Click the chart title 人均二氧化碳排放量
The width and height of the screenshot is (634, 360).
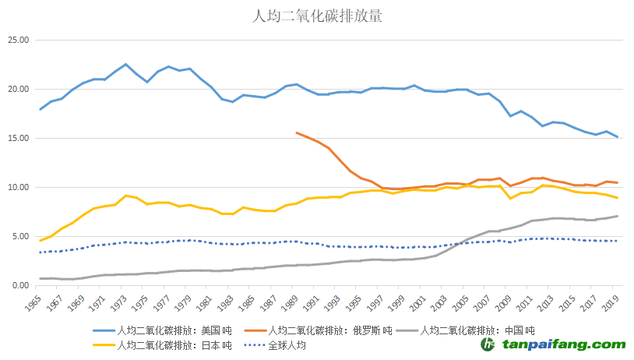pos(317,16)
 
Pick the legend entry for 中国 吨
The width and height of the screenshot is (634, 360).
pos(483,330)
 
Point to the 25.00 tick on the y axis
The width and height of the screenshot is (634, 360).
pos(18,41)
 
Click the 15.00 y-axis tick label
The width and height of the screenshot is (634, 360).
pos(18,139)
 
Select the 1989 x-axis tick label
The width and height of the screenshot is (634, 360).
pos(294,302)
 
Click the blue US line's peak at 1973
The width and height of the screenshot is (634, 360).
pos(125,65)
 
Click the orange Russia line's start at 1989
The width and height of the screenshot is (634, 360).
pos(297,132)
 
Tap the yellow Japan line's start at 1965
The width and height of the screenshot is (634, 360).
pos(41,240)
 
